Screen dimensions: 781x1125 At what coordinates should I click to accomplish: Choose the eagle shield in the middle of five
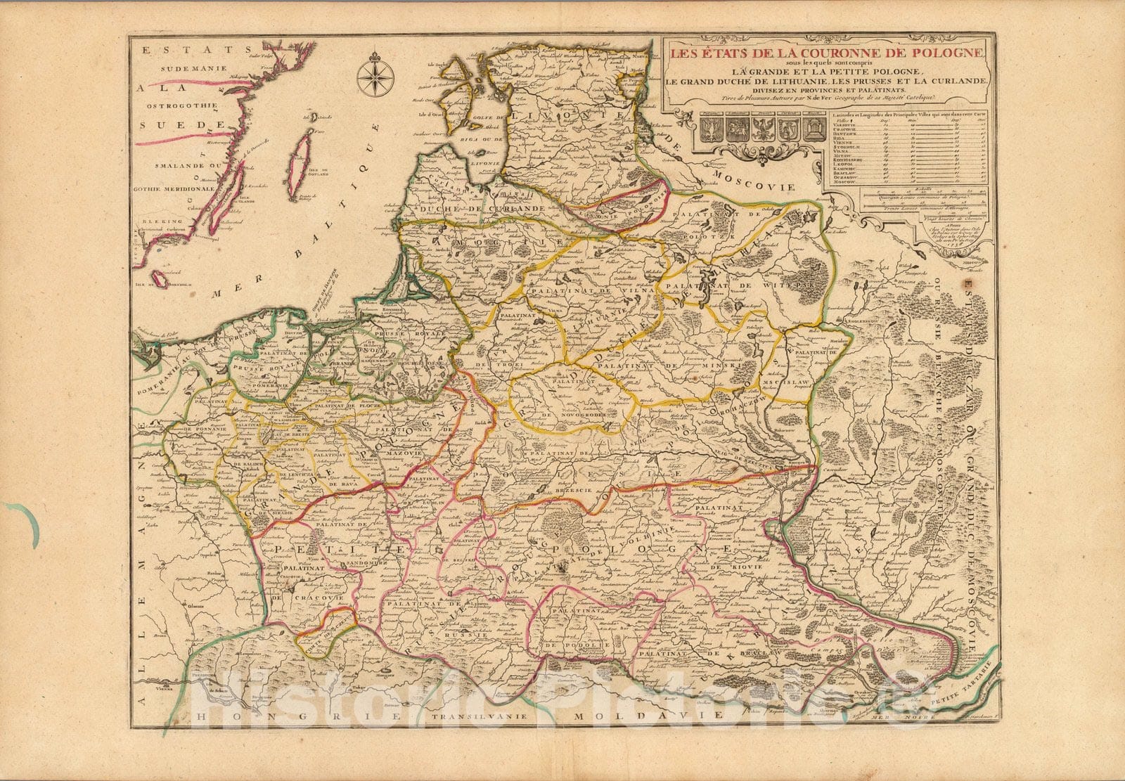click(759, 129)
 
